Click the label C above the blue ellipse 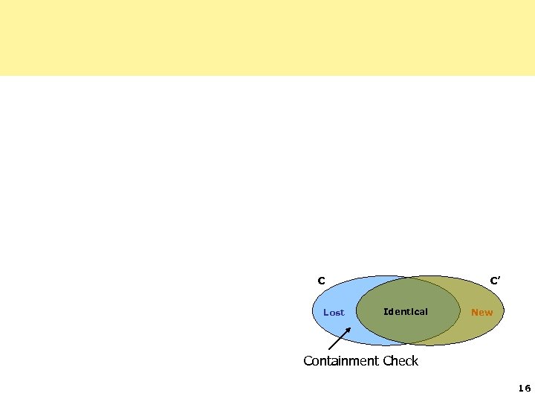click(321, 281)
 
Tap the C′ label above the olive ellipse click(494, 281)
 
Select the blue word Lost click(334, 313)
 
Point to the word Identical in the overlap click(405, 312)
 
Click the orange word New click(481, 313)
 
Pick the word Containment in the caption click(341, 361)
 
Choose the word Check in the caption click(401, 361)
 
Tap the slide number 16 click(525, 389)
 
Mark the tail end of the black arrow click(329, 349)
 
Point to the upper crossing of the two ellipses click(407, 278)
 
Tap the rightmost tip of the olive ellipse click(505, 311)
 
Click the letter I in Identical click(385, 312)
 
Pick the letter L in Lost click(325, 313)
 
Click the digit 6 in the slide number click(528, 389)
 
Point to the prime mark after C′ click(499, 278)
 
